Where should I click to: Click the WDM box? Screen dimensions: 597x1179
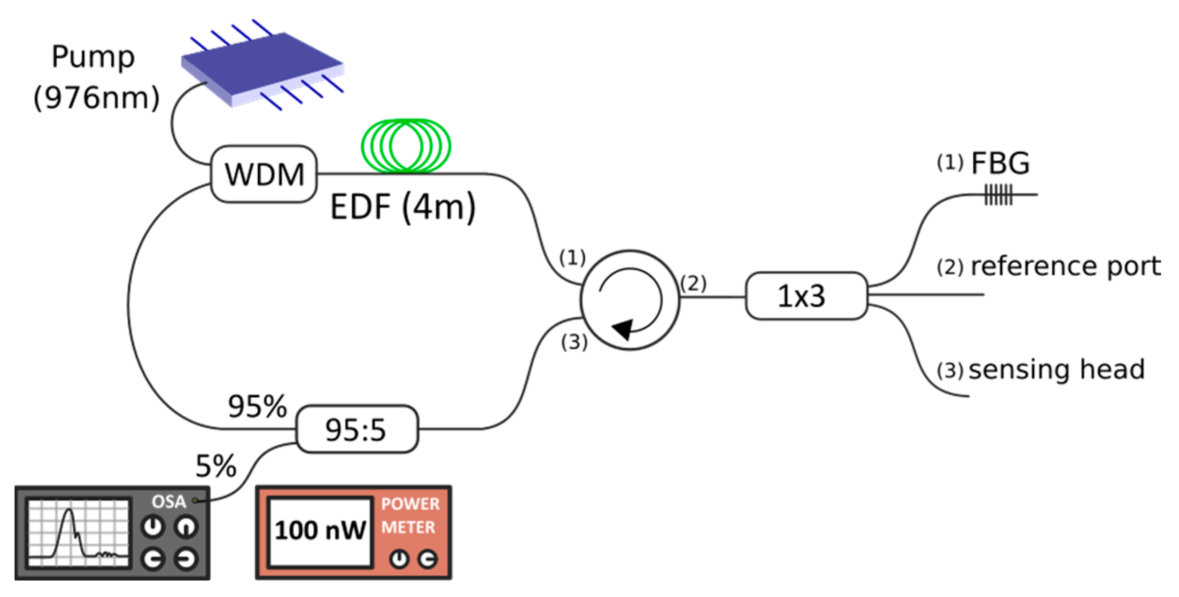click(264, 174)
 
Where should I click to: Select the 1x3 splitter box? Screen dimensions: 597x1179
click(806, 296)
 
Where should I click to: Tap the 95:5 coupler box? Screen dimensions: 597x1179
click(357, 429)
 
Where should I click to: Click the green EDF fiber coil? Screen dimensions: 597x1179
click(406, 146)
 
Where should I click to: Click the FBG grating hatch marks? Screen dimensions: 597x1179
click(998, 195)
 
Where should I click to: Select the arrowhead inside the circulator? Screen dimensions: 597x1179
click(623, 329)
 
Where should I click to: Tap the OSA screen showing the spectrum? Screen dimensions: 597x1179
click(78, 533)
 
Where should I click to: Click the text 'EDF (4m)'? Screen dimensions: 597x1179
click(403, 207)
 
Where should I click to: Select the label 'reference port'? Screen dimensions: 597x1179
click(1065, 267)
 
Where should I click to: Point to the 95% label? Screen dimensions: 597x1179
click(257, 407)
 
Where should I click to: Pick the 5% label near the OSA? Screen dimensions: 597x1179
click(216, 466)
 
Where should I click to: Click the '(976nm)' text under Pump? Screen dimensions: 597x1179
click(97, 98)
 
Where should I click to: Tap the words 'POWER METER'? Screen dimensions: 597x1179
click(410, 515)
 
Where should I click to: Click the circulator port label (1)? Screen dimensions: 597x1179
click(572, 258)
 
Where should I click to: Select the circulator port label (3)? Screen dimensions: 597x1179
click(574, 342)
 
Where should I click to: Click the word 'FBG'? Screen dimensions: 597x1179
click(1000, 164)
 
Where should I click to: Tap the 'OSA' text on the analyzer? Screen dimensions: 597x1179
click(169, 502)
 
